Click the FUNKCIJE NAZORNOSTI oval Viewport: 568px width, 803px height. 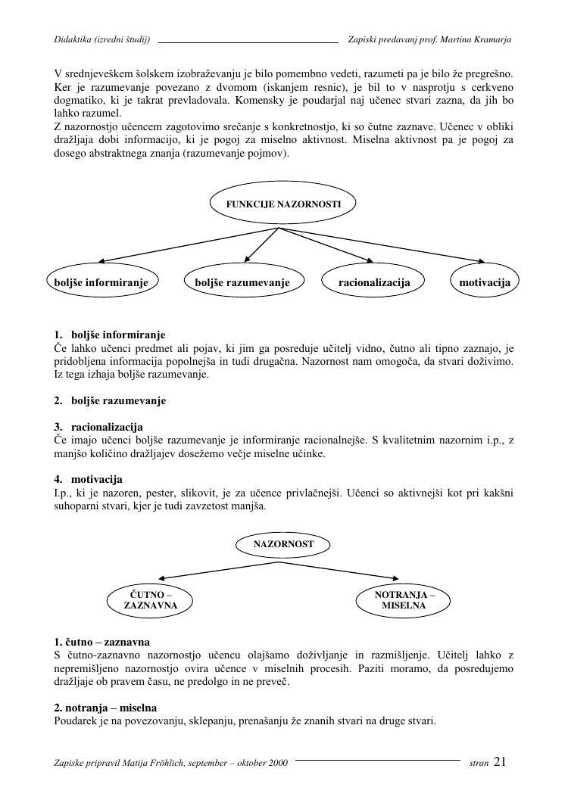(x=283, y=204)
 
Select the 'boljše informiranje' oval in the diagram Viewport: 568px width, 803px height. (x=101, y=282)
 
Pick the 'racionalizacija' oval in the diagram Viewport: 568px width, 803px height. (x=374, y=282)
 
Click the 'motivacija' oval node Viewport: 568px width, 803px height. (x=485, y=282)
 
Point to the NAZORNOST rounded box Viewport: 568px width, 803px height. (x=283, y=543)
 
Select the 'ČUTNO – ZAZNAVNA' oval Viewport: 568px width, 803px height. (x=151, y=600)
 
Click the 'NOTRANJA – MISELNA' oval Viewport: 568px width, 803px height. (x=404, y=600)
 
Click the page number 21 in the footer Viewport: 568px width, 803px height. (x=500, y=762)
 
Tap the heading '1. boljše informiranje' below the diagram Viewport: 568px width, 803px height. (x=110, y=335)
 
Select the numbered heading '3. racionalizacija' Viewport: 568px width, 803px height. (x=98, y=427)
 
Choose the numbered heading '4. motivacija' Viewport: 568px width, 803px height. (x=88, y=479)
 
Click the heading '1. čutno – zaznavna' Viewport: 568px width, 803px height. (x=101, y=642)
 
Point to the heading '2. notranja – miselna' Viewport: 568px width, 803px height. (x=105, y=708)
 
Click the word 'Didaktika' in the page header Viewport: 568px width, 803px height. (x=73, y=39)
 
